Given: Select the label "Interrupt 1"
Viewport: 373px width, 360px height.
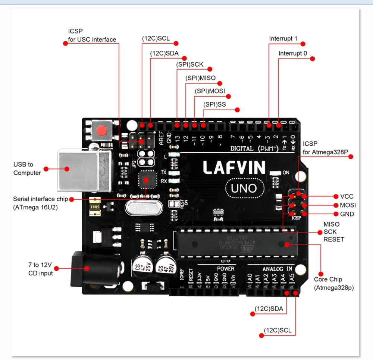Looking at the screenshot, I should [283, 38].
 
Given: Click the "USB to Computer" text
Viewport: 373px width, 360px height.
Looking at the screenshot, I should [27, 168].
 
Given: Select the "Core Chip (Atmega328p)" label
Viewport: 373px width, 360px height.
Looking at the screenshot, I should [333, 284].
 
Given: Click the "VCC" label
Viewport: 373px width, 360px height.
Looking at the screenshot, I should [347, 196].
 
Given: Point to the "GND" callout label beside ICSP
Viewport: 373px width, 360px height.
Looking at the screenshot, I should [347, 214].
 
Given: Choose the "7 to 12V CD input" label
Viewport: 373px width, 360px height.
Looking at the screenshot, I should [41, 269].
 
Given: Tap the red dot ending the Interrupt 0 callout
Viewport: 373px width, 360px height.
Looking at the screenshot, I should [313, 59].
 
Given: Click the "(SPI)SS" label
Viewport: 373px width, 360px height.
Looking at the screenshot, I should [214, 105].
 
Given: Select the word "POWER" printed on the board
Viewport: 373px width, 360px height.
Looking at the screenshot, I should [226, 269].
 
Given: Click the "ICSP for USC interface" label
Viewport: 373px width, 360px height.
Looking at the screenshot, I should [92, 36].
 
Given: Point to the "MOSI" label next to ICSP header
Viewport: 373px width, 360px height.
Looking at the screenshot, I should [348, 205].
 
